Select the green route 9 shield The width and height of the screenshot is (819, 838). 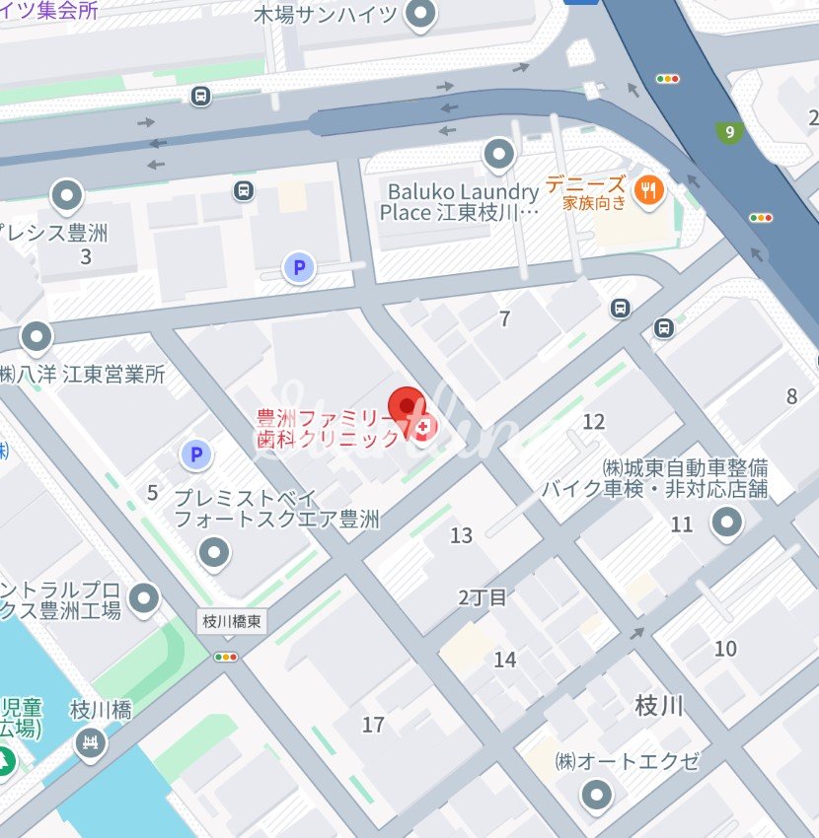point(729,132)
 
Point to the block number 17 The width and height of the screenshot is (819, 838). point(373,725)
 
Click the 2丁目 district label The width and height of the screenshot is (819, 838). point(483,596)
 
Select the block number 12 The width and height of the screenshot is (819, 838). point(593,422)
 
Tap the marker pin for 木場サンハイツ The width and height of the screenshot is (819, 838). point(421,15)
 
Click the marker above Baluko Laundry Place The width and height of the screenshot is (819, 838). point(498,154)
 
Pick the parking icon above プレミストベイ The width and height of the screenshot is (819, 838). point(196,454)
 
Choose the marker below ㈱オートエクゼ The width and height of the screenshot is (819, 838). point(596,794)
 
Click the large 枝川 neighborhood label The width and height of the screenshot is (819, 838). point(659,706)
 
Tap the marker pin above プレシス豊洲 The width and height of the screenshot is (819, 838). point(67,195)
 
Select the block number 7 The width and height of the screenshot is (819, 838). point(505,318)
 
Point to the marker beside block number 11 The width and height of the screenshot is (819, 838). point(727,523)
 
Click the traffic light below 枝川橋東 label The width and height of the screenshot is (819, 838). point(227,656)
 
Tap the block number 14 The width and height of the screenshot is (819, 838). point(505,660)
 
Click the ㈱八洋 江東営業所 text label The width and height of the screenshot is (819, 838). point(83,374)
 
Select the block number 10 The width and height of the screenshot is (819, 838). point(725,648)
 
